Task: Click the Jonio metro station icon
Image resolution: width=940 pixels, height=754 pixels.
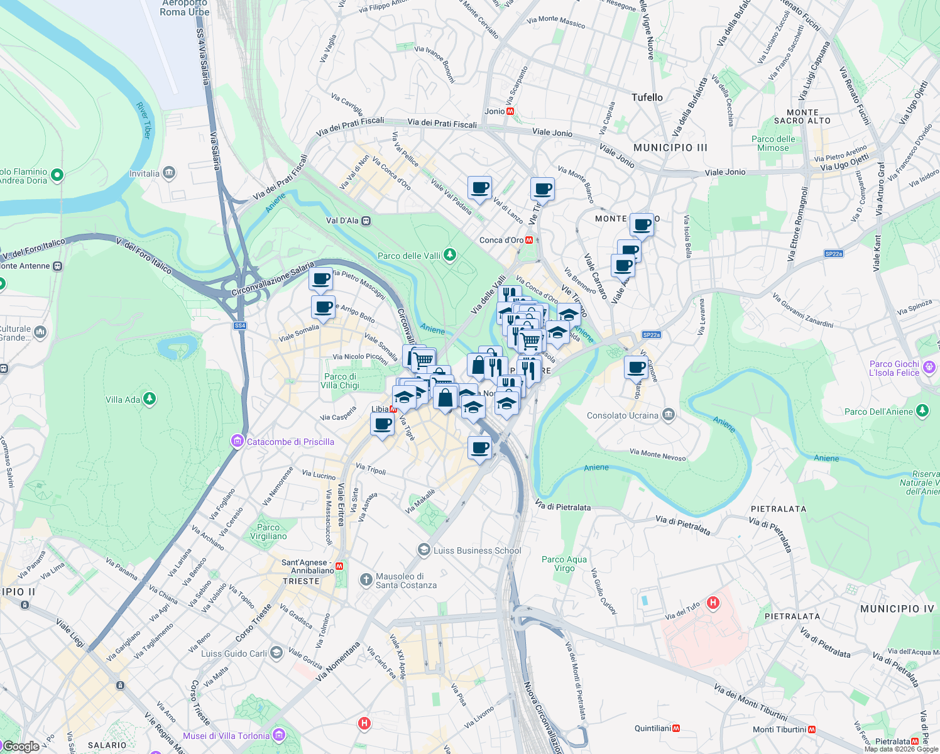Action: (x=510, y=111)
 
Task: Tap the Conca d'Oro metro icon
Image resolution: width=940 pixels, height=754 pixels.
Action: (x=530, y=240)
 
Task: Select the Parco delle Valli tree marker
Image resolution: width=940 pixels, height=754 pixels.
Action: (x=449, y=255)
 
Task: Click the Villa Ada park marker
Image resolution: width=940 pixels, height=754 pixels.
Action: (x=149, y=399)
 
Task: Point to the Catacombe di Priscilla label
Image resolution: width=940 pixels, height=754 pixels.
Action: (x=290, y=442)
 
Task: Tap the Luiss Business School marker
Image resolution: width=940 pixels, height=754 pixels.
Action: (x=424, y=550)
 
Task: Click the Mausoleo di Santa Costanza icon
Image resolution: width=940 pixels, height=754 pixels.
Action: (x=366, y=580)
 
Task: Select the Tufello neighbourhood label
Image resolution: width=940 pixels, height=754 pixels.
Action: (x=647, y=97)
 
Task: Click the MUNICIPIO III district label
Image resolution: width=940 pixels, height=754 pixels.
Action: (x=670, y=148)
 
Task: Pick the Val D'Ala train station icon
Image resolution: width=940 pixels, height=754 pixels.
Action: (x=366, y=221)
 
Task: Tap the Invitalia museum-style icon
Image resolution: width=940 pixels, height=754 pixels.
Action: (x=168, y=173)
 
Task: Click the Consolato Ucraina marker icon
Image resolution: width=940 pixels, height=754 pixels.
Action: (x=668, y=415)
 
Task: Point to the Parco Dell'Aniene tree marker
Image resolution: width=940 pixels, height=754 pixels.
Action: (x=922, y=412)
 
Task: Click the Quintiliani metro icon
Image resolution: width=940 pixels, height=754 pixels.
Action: (x=676, y=728)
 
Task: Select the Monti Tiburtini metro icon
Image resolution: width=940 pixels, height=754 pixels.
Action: (x=812, y=729)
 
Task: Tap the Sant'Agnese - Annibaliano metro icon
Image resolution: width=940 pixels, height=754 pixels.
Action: (x=339, y=566)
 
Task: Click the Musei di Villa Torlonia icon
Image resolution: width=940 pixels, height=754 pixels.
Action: (x=279, y=735)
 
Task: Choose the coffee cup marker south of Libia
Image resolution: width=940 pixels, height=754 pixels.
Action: (x=382, y=425)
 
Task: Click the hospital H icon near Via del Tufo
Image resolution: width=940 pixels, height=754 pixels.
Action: (x=713, y=603)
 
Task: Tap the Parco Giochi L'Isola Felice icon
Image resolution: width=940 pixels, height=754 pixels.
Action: (x=929, y=368)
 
